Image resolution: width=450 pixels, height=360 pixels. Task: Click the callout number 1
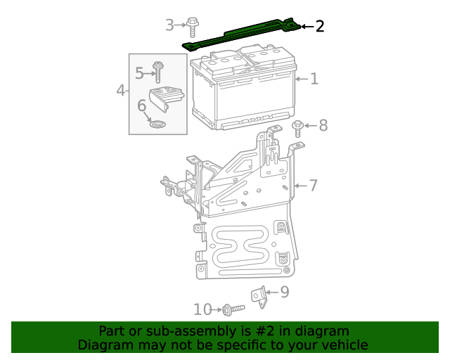point(314,79)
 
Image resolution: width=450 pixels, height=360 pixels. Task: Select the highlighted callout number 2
point(320,27)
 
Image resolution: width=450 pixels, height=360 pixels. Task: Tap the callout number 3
point(169,26)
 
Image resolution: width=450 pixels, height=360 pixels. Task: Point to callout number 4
point(121,90)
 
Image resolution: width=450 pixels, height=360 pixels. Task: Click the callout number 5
point(139,72)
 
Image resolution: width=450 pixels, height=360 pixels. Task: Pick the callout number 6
point(141,105)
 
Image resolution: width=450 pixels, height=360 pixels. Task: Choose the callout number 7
point(313,186)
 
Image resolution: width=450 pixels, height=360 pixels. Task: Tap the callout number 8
point(323,126)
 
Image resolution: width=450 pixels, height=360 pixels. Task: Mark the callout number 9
point(284,292)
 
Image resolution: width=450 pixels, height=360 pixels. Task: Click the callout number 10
point(202,309)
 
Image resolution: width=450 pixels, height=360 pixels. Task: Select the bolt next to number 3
point(192,27)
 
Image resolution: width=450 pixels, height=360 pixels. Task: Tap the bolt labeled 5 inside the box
point(159,71)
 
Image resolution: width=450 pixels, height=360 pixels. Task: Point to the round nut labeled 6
point(159,124)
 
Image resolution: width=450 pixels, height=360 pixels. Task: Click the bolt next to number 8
point(298,128)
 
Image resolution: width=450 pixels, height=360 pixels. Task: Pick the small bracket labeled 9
point(260,295)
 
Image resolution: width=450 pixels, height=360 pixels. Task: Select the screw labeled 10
point(231,309)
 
